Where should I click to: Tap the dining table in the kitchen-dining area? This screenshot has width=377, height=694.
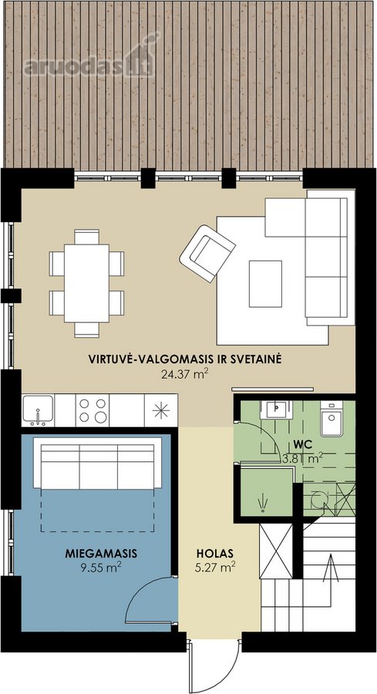pyautogui.click(x=86, y=283)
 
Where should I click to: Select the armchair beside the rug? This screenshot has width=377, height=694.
pyautogui.click(x=207, y=253)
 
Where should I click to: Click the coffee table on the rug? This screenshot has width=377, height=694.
pyautogui.click(x=265, y=284)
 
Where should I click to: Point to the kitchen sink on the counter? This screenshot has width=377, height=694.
pyautogui.click(x=38, y=410)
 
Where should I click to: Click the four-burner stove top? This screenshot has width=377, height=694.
pyautogui.click(x=93, y=410)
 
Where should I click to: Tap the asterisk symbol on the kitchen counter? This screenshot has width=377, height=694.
pyautogui.click(x=161, y=411)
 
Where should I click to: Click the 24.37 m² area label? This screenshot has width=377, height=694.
pyautogui.click(x=185, y=376)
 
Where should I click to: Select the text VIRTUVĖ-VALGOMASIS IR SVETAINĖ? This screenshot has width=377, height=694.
pyautogui.click(x=185, y=359)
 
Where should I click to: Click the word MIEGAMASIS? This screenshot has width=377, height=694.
pyautogui.click(x=101, y=553)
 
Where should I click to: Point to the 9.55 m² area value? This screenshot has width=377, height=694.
pyautogui.click(x=101, y=568)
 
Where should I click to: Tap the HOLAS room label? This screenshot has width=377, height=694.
pyautogui.click(x=214, y=553)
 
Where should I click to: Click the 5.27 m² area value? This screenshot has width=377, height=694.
pyautogui.click(x=214, y=568)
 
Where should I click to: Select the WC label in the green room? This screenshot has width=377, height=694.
pyautogui.click(x=300, y=443)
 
